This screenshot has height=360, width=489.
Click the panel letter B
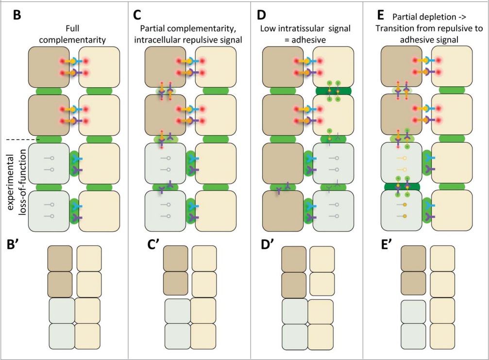pyautogui.click(x=17, y=15)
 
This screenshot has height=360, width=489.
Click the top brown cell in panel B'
pyautogui.click(x=60, y=258)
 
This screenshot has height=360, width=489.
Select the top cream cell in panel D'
pyautogui.click(x=322, y=259)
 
